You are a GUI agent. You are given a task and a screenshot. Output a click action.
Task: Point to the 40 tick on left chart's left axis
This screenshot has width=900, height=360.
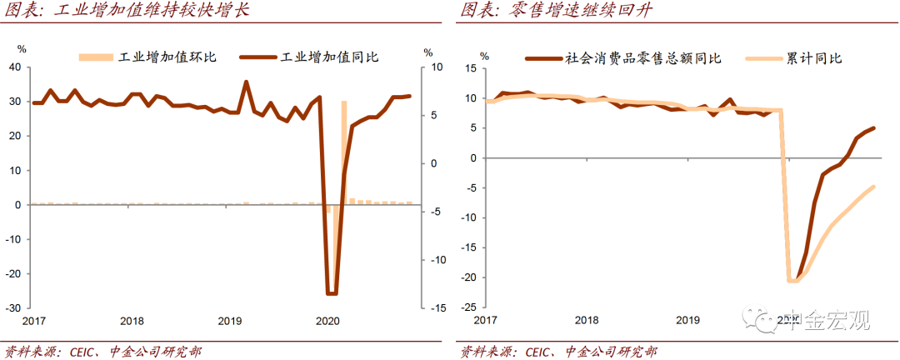point(14,67)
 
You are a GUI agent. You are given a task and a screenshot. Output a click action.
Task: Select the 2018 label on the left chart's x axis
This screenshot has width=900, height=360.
point(132,321)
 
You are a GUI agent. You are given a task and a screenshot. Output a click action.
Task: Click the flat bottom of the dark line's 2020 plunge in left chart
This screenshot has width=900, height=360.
point(331,293)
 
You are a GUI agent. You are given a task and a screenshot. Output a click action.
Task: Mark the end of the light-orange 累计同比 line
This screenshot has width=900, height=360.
point(872,187)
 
